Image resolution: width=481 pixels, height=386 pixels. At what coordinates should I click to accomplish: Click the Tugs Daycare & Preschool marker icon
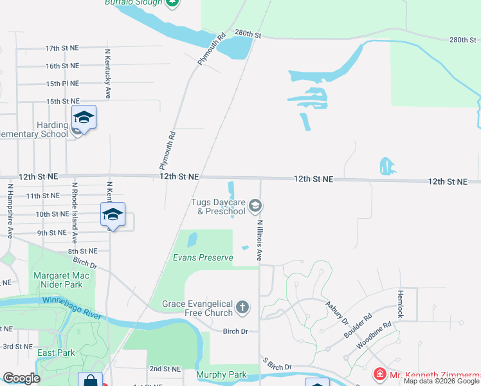pyautogui.click(x=255, y=206)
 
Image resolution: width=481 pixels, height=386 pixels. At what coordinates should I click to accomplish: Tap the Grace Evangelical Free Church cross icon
pyautogui.click(x=242, y=308)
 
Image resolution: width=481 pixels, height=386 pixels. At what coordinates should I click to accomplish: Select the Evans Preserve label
pyautogui.click(x=203, y=257)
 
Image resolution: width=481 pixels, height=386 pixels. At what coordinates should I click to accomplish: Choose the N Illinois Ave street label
pyautogui.click(x=260, y=240)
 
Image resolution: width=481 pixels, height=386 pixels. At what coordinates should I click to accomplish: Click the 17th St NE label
pyautogui.click(x=62, y=48)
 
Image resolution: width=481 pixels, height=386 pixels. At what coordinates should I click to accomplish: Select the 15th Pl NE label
pyautogui.click(x=62, y=84)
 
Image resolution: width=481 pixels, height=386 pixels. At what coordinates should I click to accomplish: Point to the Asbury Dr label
pyautogui.click(x=336, y=313)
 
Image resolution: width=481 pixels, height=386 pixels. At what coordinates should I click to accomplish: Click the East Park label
pyautogui.click(x=56, y=353)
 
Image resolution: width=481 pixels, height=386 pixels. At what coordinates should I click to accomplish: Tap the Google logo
pyautogui.click(x=21, y=378)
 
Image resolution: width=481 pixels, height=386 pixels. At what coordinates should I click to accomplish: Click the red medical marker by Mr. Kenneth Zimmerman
pyautogui.click(x=380, y=374)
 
